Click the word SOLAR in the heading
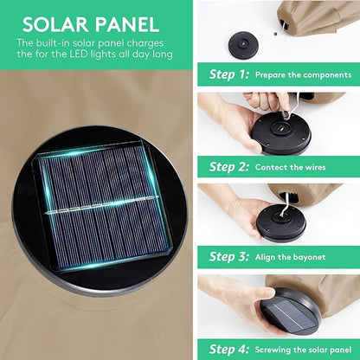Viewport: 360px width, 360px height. [x=55, y=24]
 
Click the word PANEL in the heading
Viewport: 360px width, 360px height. [x=127, y=24]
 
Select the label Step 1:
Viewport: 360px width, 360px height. [x=228, y=74]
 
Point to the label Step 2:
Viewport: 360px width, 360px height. [x=228, y=167]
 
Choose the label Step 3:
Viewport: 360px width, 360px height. [x=228, y=256]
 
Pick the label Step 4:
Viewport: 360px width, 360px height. [x=228, y=349]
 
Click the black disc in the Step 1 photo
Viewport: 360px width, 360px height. [x=243, y=45]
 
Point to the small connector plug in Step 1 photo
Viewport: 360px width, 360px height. [x=276, y=34]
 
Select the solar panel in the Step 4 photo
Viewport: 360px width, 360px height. [x=288, y=314]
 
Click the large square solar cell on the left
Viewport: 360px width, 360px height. [x=103, y=207]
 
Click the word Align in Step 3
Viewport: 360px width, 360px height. [x=265, y=257]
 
